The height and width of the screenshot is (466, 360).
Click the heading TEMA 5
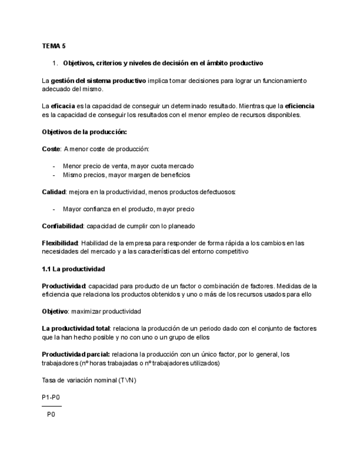54,46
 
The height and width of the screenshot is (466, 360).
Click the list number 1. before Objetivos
56,63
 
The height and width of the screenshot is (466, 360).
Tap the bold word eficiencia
300,106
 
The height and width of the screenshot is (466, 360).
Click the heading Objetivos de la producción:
84,132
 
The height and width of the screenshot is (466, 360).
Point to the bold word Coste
51,149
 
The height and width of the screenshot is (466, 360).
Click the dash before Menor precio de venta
54,166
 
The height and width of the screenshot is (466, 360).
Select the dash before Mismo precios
54,175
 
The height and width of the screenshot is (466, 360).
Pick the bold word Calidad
54,192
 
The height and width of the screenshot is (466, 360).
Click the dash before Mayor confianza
54,209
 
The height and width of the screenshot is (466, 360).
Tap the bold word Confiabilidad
63,226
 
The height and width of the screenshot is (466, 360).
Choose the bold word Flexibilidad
60,243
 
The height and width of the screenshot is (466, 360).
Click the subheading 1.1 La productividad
74,269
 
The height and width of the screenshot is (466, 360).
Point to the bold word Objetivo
55,312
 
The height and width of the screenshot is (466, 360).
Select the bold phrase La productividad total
76,329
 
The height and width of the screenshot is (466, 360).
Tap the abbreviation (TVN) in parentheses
127,380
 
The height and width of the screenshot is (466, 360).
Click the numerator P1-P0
51,397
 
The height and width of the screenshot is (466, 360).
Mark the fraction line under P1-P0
52,406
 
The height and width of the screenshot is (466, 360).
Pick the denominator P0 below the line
51,415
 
